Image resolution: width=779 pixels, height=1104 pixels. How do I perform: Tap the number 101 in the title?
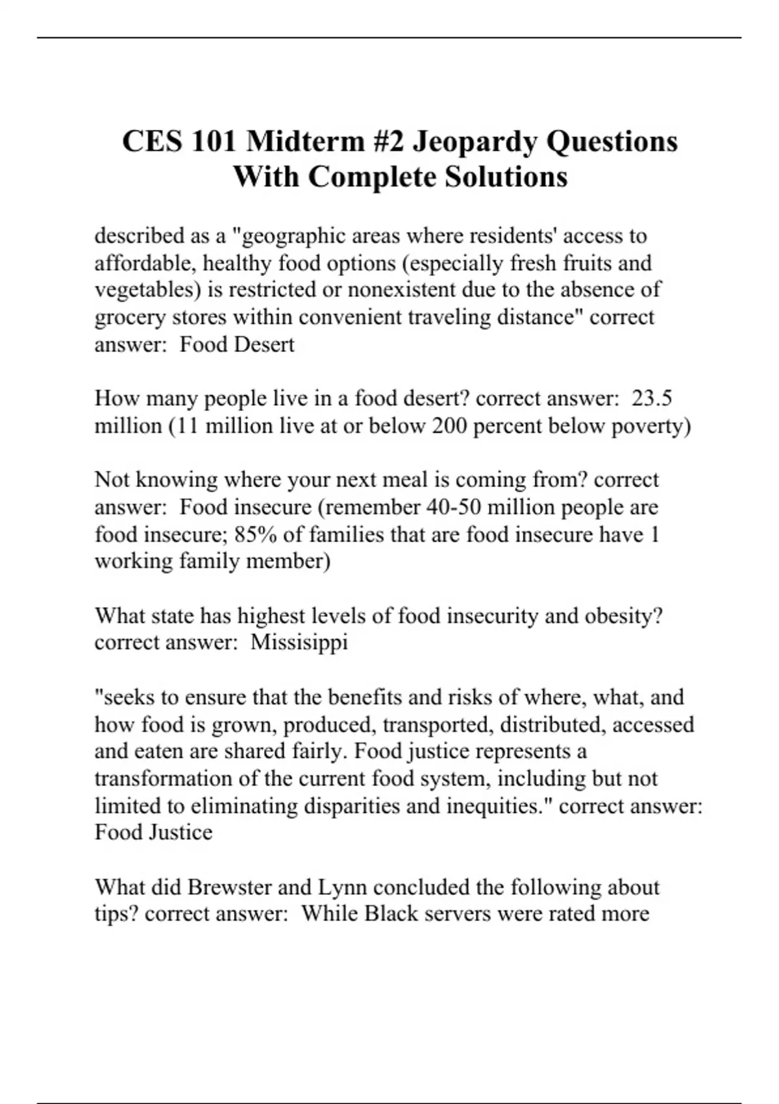214,142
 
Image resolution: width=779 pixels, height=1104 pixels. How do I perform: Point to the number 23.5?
652,398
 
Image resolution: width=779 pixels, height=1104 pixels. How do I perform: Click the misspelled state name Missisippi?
299,642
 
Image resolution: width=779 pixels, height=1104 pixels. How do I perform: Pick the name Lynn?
342,886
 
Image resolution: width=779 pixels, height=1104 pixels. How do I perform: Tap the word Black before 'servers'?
391,914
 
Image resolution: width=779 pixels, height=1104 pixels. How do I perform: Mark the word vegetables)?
149,290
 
